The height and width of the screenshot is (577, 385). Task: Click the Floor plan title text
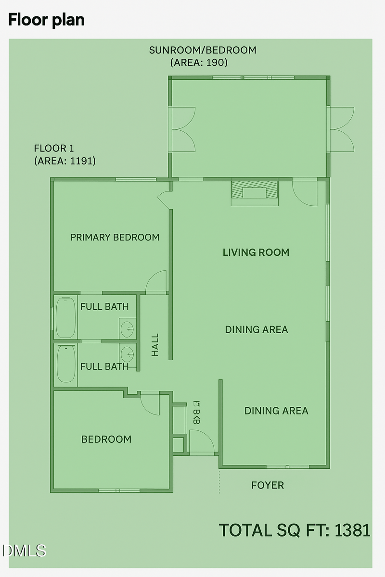point(46,20)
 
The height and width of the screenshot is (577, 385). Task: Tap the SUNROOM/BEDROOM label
point(202,50)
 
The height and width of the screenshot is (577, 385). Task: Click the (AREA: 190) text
point(199,63)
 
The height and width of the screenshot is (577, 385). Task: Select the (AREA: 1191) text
point(64,161)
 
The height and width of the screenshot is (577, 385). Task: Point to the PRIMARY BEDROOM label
point(115,237)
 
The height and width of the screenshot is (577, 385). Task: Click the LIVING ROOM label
point(256,252)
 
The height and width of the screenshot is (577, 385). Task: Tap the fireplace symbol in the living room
point(255,191)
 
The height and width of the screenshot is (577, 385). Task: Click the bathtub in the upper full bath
point(65,317)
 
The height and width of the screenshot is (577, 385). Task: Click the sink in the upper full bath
point(128,329)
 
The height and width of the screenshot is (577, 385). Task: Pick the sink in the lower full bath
point(128,355)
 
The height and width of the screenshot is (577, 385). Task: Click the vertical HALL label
point(155,345)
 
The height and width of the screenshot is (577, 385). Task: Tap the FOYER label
point(268,485)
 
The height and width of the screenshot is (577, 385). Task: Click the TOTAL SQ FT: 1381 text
point(295,530)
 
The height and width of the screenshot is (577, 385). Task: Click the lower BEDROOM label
point(106,439)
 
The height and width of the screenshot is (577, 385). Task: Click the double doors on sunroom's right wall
point(341,129)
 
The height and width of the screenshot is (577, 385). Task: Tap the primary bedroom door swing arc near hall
point(156,282)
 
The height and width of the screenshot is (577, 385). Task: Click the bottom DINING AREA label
point(276,411)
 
